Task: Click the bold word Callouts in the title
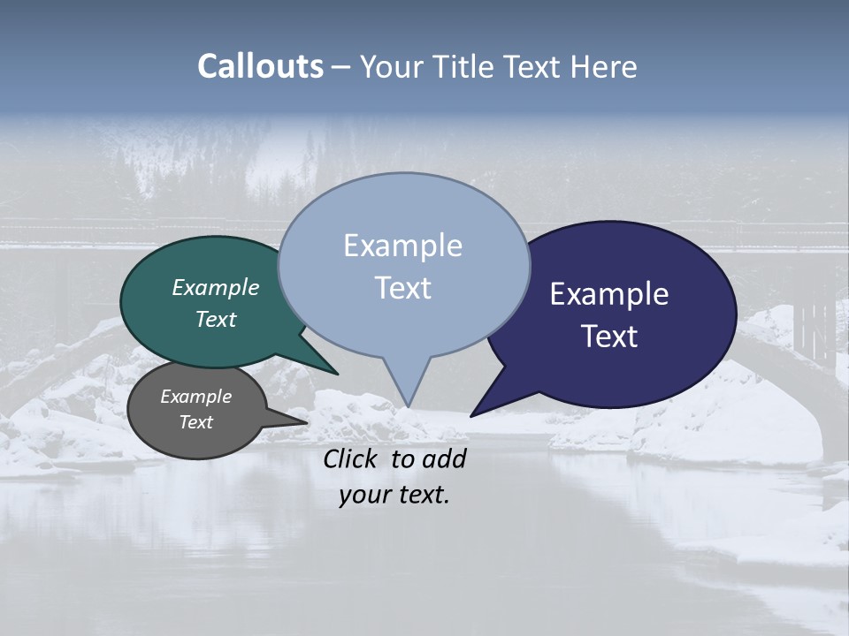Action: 260,66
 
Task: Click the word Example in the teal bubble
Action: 215,287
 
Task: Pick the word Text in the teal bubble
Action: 215,319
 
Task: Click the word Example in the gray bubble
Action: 195,397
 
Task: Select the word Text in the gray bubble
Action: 195,422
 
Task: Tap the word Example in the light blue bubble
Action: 402,246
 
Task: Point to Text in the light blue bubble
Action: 402,288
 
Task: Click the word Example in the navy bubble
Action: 608,294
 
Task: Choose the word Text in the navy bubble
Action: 609,337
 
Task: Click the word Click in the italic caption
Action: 351,458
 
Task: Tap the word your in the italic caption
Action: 362,495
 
